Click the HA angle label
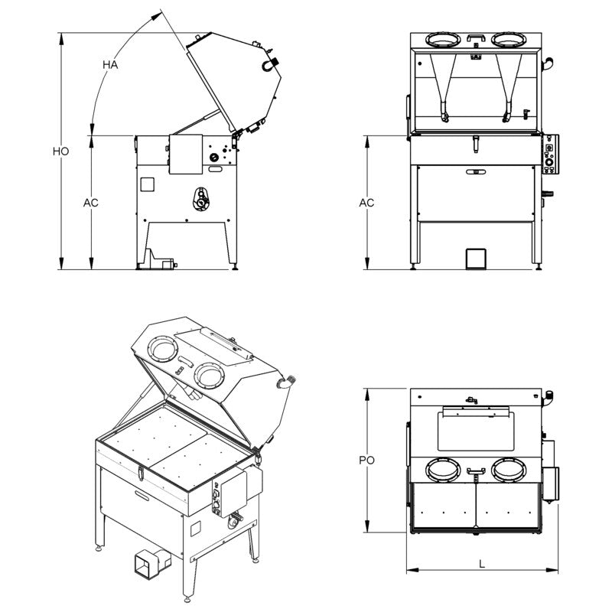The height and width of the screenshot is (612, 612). (x=110, y=65)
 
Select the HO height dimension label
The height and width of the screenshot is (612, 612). (x=61, y=151)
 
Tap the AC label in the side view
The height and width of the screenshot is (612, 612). (x=91, y=203)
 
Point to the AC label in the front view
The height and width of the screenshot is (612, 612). (x=367, y=203)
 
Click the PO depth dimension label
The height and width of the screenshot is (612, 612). (x=367, y=461)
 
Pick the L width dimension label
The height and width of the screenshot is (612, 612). (x=481, y=564)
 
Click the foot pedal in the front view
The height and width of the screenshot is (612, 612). (x=475, y=258)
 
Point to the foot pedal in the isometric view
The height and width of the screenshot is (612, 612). (x=148, y=564)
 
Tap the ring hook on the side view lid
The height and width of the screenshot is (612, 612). (x=269, y=63)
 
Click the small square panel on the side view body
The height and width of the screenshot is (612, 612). (x=148, y=184)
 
